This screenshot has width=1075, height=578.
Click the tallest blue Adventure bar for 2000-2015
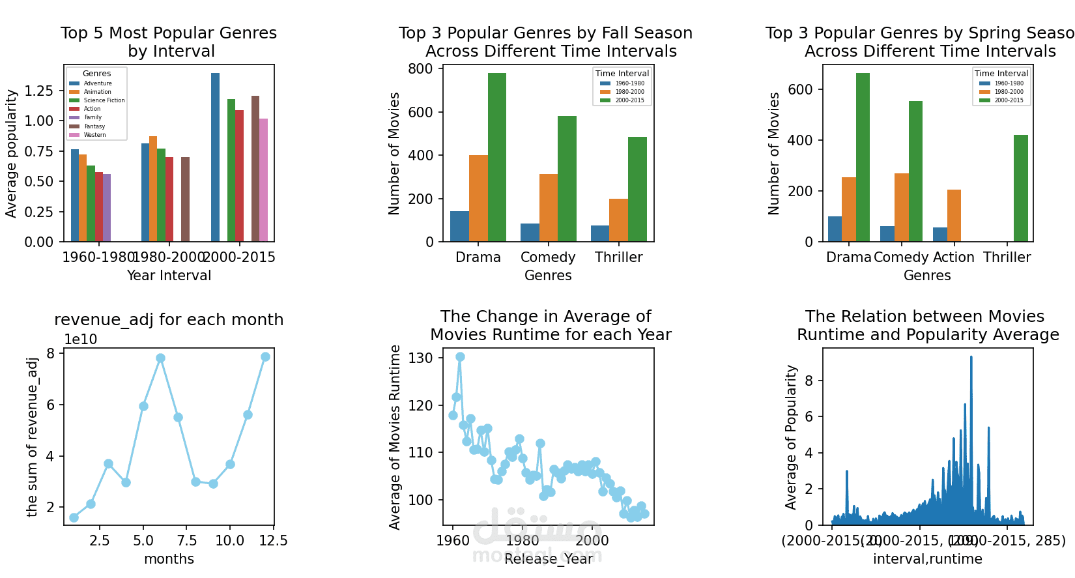point(215,157)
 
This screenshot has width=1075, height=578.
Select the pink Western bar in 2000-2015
point(263,180)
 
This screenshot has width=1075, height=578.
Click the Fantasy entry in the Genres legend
point(94,126)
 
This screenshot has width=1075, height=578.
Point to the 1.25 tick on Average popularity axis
point(39,91)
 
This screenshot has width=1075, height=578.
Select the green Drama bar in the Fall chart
point(496,157)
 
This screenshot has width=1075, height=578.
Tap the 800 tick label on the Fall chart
point(420,69)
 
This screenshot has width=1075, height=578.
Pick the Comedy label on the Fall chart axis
point(548,257)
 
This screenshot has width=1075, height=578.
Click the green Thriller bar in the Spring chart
point(1020,188)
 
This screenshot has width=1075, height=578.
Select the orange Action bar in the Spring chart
point(954,216)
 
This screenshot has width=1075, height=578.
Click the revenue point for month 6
point(160,358)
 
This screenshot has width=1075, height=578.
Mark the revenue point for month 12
point(265,357)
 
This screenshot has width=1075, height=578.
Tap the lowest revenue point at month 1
point(74,517)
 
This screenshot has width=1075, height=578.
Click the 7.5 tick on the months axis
point(187,541)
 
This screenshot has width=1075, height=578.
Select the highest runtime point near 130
point(460,357)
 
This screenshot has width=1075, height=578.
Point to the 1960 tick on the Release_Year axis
point(453,541)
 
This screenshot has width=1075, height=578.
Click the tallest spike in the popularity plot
point(971,357)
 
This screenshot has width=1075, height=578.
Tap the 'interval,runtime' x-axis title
point(927,559)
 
